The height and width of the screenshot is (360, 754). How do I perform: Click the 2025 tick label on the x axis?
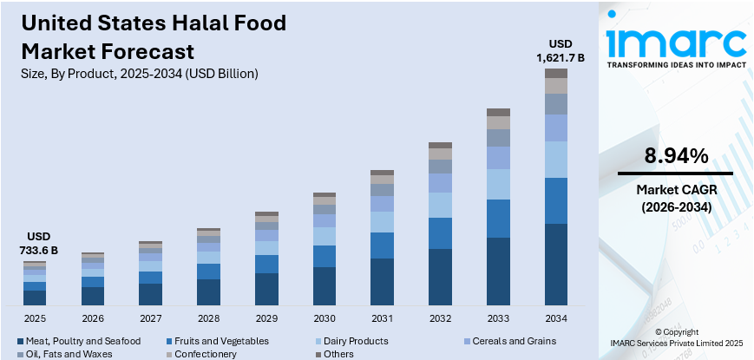click(35, 318)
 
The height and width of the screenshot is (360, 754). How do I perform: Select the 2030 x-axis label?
click(325, 318)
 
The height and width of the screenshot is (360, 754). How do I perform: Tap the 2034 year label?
click(555, 318)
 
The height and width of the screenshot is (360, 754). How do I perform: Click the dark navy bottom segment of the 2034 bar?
click(555, 264)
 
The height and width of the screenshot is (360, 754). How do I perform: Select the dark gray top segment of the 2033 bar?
click(498, 112)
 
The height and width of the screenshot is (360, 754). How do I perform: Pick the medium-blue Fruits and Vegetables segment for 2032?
click(440, 232)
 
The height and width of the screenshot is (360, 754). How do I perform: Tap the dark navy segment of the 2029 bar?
click(266, 288)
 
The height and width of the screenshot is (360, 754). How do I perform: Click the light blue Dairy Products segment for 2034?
click(555, 160)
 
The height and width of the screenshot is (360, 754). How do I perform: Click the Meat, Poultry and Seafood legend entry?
click(78, 342)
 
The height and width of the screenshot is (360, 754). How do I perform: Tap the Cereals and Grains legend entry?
click(517, 342)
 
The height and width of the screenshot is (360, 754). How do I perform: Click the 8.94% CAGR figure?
click(675, 156)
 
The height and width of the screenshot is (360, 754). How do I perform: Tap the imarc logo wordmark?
click(675, 42)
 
